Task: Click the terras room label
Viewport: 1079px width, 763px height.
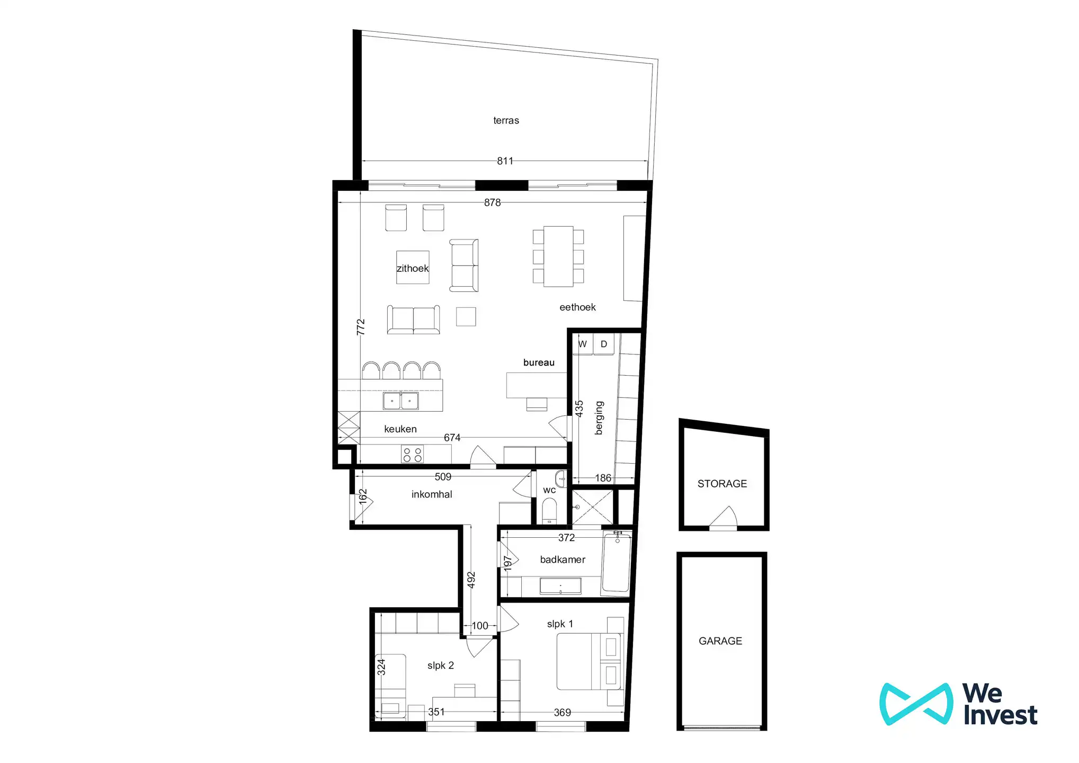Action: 506,120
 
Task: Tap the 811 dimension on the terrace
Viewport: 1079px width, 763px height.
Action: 505,161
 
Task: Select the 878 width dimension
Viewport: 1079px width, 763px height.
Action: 492,202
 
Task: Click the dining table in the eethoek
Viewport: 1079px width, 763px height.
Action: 558,256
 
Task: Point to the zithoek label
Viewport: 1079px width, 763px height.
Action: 413,268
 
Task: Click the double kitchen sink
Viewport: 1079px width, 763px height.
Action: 400,401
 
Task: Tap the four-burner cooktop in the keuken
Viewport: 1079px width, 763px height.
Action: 412,455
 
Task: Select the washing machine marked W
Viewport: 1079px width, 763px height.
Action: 583,344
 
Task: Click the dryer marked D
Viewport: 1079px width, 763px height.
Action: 604,344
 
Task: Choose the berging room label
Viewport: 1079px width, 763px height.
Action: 599,418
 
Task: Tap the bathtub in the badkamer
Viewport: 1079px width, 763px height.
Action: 617,563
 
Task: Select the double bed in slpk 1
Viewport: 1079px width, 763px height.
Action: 588,661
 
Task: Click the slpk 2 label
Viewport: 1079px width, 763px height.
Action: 440,666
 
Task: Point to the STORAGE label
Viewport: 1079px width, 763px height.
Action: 722,484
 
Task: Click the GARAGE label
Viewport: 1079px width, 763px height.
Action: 720,641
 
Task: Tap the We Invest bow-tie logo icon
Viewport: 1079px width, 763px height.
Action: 916,704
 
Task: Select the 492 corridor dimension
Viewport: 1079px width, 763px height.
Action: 471,580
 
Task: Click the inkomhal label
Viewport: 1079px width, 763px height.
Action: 432,494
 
